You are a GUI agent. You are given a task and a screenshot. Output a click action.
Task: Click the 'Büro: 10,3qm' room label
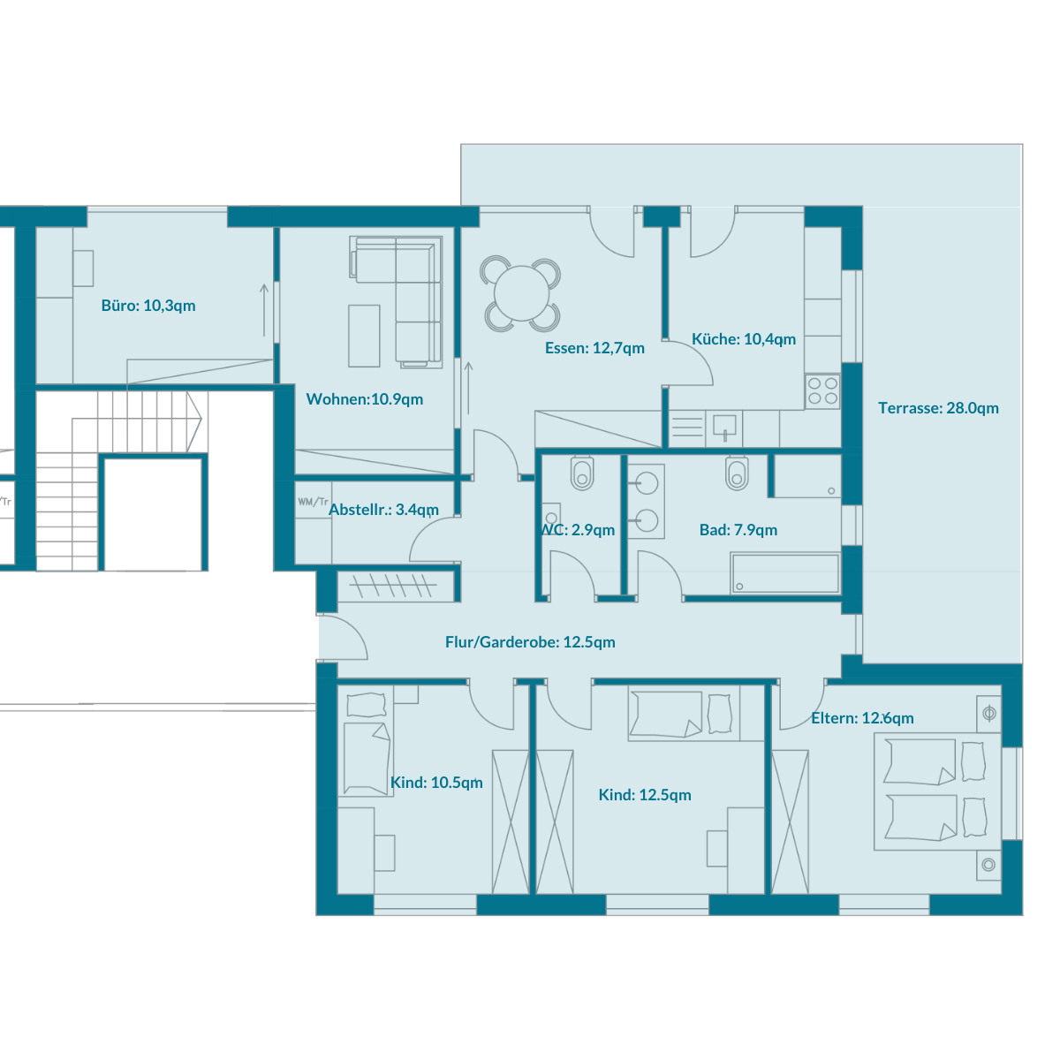(148, 306)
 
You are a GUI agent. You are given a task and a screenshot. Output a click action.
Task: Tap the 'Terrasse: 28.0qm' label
(938, 408)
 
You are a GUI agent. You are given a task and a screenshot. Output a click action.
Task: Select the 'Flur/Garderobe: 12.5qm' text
(530, 642)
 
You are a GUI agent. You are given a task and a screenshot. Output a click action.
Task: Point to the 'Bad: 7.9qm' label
(738, 530)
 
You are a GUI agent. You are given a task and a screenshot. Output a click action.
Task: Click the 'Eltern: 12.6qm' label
(862, 718)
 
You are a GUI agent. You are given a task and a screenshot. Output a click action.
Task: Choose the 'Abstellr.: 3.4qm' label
(383, 510)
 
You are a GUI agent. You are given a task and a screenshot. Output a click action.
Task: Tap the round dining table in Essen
(521, 293)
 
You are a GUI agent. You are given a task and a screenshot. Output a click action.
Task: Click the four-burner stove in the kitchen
(822, 391)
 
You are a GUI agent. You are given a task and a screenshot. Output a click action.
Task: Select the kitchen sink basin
(724, 427)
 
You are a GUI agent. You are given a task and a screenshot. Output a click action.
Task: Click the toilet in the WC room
(582, 473)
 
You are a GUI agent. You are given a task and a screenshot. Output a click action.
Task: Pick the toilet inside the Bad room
(737, 473)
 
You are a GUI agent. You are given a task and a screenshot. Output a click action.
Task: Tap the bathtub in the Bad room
(785, 574)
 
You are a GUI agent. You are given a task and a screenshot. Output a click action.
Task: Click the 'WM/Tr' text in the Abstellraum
(313, 502)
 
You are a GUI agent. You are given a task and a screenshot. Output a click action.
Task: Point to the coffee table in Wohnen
(364, 336)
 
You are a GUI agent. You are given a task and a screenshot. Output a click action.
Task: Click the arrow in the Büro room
(264, 310)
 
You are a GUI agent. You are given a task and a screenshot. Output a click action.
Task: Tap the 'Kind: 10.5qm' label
(436, 783)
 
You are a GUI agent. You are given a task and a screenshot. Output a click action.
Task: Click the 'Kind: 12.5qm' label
(645, 795)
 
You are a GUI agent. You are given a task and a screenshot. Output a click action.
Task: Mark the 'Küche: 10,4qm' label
(744, 339)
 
